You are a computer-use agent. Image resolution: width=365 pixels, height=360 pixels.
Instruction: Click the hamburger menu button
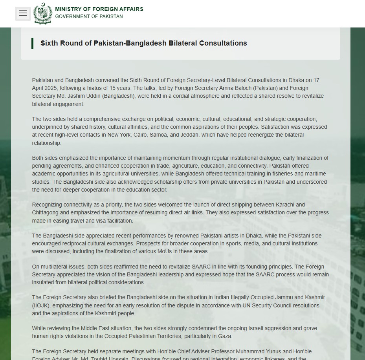(x=23, y=13)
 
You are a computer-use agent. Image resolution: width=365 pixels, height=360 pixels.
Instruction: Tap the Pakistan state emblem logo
(x=42, y=14)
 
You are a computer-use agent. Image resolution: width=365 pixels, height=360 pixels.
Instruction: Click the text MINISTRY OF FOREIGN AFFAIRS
(x=99, y=9)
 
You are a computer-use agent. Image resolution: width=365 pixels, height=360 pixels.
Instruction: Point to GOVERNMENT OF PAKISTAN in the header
(x=89, y=16)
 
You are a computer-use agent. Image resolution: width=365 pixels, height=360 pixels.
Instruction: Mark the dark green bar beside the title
(x=32, y=43)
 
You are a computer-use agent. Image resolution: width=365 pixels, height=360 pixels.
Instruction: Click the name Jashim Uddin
(x=84, y=96)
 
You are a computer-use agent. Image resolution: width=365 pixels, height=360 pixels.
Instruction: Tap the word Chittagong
(x=46, y=212)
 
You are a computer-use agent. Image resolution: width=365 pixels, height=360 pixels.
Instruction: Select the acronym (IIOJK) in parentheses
(x=42, y=305)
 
